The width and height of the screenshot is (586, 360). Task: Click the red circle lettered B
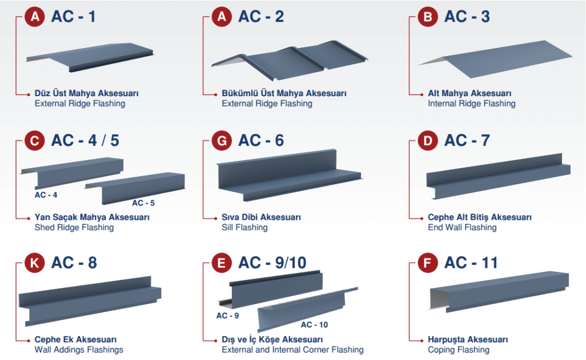427,17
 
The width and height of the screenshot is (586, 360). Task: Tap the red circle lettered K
35,263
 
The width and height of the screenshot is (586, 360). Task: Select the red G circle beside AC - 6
221,141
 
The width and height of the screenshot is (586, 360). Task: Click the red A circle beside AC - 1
35,17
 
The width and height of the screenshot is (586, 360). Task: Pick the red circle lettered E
221,263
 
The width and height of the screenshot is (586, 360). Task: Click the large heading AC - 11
471,263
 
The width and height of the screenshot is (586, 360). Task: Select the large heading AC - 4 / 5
85,141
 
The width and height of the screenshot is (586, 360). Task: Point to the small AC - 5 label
143,203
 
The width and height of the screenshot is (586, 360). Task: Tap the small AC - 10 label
314,325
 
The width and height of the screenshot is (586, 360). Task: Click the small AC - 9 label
228,315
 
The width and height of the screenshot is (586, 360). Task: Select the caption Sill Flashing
245,227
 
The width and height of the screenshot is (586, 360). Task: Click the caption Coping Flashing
458,350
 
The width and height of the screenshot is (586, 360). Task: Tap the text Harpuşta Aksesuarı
468,339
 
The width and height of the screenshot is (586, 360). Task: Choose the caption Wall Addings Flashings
79,350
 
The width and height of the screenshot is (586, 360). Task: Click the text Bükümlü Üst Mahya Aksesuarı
284,93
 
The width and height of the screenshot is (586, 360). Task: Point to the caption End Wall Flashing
462,227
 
